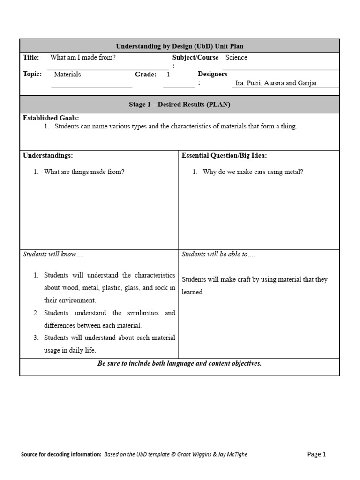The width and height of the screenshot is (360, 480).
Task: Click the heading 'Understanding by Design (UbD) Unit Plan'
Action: coord(180,46)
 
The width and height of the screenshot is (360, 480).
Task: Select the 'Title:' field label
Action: coord(31,58)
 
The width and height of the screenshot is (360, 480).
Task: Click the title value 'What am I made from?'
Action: coord(83,58)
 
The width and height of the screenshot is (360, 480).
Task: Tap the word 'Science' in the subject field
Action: coord(236,58)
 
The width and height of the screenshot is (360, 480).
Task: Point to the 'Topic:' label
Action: coord(32,74)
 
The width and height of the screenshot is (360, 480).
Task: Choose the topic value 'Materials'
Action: coord(67,74)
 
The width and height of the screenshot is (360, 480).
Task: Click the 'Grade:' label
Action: coord(145,74)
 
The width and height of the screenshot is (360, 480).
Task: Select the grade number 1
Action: coord(168,74)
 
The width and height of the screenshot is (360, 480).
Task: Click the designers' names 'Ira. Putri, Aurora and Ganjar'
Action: coord(276,83)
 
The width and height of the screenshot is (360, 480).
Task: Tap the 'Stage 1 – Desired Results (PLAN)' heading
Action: coord(180,105)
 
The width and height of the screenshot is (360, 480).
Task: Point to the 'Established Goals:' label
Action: coord(51,118)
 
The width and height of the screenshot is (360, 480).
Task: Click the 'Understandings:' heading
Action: coord(48,155)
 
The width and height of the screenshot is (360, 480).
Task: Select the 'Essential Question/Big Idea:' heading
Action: coord(225,155)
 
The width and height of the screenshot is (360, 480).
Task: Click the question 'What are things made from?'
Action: coord(84,172)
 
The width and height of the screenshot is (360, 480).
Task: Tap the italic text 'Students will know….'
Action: coord(53,254)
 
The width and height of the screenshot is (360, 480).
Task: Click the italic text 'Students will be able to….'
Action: coord(218,254)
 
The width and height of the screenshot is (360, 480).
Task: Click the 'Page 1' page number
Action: coord(316,454)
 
